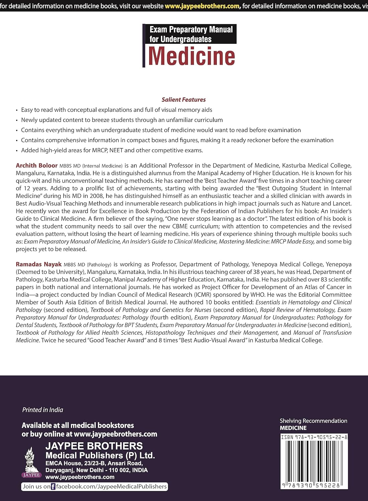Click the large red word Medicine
(191, 56)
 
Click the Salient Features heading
(183, 100)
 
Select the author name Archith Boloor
(36, 165)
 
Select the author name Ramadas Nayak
(38, 264)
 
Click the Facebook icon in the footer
(53, 487)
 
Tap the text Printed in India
(42, 410)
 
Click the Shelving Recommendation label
(313, 421)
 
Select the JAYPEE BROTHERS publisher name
(94, 446)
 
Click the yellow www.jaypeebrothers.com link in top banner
(202, 6)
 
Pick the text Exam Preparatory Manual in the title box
(191, 29)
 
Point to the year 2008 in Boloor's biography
(96, 196)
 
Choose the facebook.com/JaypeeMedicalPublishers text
(111, 487)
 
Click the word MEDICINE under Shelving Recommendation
(293, 428)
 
